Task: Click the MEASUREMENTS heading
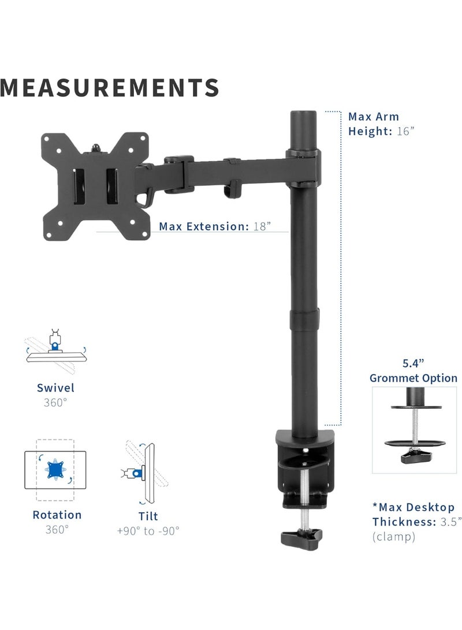coord(110,87)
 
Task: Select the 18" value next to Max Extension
coord(262,226)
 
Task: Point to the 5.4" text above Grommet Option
coord(413,363)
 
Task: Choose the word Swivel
coord(55,388)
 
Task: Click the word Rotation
coord(57,515)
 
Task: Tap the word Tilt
coord(148,516)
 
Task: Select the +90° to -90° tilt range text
coord(148,530)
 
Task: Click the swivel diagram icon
coord(55,349)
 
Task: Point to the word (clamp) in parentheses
coord(394,536)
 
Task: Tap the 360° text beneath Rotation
coord(57,529)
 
